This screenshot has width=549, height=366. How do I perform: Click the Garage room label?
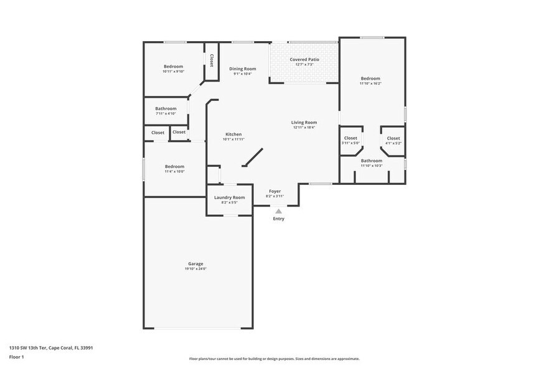[195, 263]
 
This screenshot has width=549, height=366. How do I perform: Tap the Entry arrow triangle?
[278, 212]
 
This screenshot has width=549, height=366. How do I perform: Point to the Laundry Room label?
[229, 197]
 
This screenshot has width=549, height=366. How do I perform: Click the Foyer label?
[274, 191]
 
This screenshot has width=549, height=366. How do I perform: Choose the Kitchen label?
[233, 134]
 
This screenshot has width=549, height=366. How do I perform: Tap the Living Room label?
[304, 122]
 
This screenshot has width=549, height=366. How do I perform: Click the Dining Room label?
[242, 68]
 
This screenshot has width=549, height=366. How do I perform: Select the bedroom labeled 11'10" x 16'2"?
[370, 78]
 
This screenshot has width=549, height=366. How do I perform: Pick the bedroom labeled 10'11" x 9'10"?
[173, 67]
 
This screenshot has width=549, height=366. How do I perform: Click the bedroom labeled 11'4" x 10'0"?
[174, 166]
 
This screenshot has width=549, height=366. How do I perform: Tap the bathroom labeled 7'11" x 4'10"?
[166, 108]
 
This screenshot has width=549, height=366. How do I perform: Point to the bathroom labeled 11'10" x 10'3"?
[371, 161]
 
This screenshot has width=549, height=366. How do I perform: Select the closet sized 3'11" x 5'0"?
[350, 138]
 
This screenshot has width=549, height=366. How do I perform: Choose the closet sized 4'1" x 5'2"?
[393, 138]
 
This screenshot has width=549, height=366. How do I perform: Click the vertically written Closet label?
[212, 60]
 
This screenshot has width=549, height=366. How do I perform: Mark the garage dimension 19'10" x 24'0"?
[195, 269]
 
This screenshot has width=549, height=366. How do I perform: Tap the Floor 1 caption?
[16, 357]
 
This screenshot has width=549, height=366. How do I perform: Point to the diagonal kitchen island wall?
[253, 157]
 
